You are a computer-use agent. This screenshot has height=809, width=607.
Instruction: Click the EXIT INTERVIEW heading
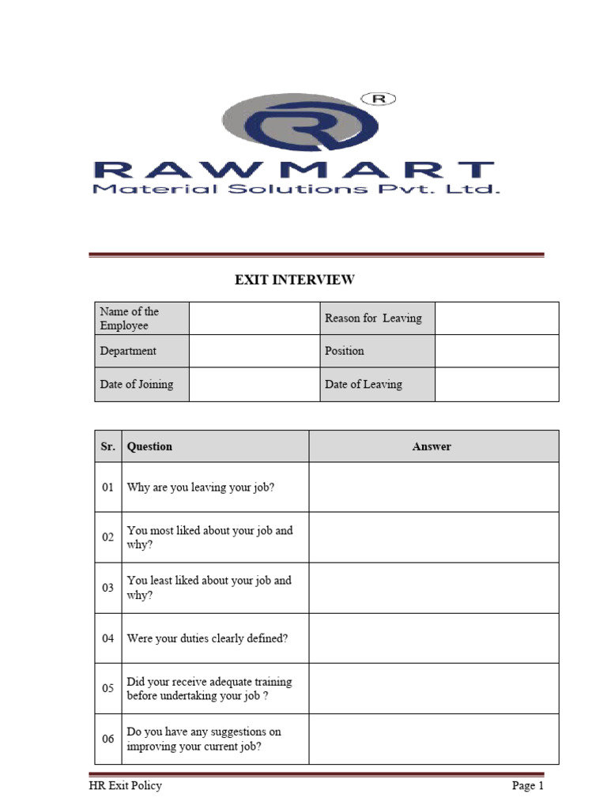pyautogui.click(x=294, y=280)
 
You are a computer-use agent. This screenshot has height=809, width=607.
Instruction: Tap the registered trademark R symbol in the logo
pyautogui.click(x=379, y=99)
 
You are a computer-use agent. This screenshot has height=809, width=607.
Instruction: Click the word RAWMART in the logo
pyautogui.click(x=293, y=170)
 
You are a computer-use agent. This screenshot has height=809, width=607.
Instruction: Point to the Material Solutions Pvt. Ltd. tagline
pyautogui.click(x=296, y=190)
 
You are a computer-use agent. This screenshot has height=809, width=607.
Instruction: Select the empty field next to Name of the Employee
pyautogui.click(x=254, y=318)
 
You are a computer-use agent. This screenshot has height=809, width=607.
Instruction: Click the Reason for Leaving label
pyautogui.click(x=373, y=318)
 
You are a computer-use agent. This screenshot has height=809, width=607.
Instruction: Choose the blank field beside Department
pyautogui.click(x=254, y=351)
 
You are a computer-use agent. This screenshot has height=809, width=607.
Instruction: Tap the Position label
pyautogui.click(x=345, y=351)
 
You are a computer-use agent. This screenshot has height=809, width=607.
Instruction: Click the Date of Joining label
pyautogui.click(x=137, y=385)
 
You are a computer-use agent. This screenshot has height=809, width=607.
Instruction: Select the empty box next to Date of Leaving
pyautogui.click(x=496, y=385)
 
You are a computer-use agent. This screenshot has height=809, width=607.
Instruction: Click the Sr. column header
pyautogui.click(x=108, y=446)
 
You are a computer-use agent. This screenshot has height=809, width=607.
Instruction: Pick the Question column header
pyautogui.click(x=149, y=446)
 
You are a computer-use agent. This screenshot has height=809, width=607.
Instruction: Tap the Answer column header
pyautogui.click(x=432, y=446)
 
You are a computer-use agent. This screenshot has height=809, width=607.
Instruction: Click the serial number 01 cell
pyautogui.click(x=108, y=487)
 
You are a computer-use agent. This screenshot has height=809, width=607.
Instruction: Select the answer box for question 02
pyautogui.click(x=433, y=537)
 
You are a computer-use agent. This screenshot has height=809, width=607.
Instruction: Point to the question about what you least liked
pyautogui.click(x=209, y=588)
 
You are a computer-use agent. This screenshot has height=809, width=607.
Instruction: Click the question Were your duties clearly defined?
pyautogui.click(x=207, y=638)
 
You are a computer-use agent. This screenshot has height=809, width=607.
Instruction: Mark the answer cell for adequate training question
pyautogui.click(x=433, y=688)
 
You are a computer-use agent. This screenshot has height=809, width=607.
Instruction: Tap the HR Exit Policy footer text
pyautogui.click(x=125, y=786)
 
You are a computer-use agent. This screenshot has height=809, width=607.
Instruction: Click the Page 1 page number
pyautogui.click(x=527, y=786)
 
